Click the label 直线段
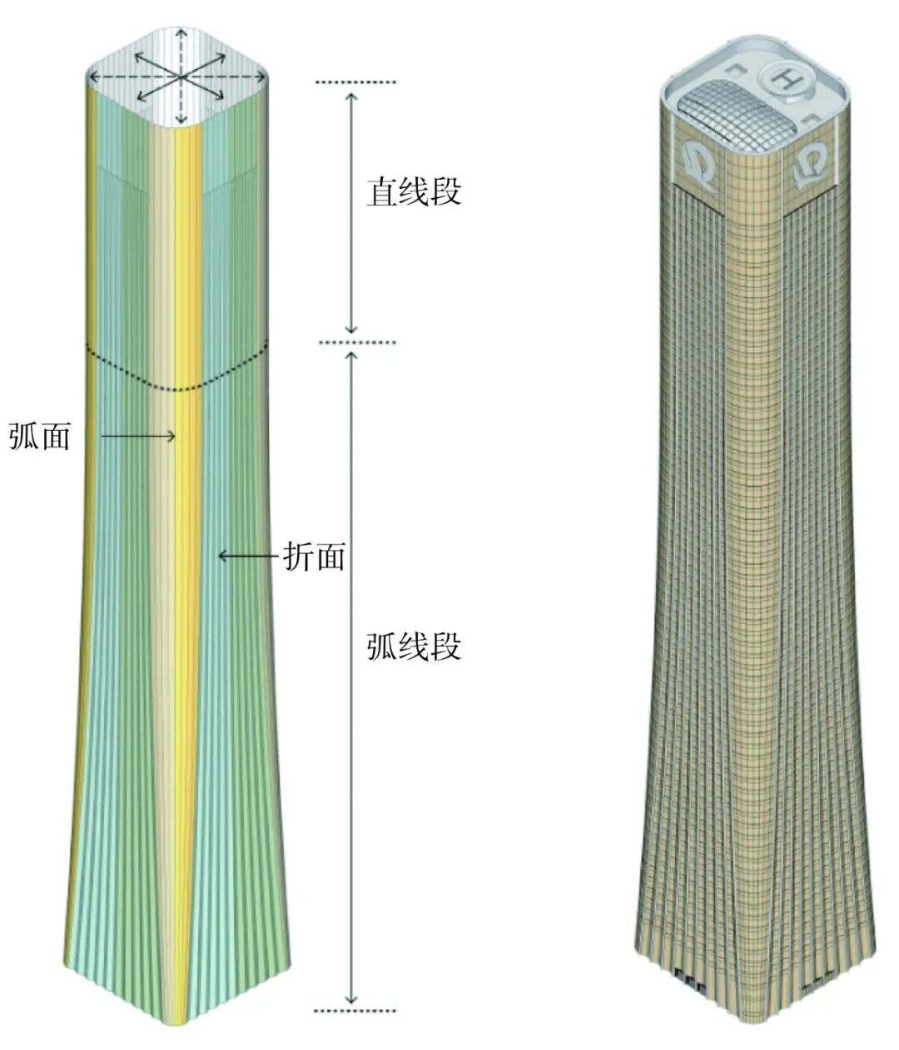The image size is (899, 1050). point(414,193)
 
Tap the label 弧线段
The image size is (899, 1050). point(414,646)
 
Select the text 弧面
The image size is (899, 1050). point(39,436)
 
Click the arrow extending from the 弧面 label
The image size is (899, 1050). point(138,435)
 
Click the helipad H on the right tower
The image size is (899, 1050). point(784,79)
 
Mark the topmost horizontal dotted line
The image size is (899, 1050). point(355,82)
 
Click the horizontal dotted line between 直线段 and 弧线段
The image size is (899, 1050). point(355,342)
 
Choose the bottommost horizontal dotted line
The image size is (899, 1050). point(355,1011)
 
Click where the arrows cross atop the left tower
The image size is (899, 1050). point(180,77)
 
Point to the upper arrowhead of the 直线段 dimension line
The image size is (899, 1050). point(352,97)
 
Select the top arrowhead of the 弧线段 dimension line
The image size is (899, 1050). point(352,357)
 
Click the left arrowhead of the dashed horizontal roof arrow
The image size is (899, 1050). point(92,77)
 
